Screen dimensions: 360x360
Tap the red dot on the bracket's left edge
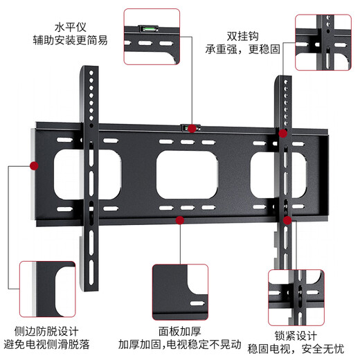(x=33, y=165)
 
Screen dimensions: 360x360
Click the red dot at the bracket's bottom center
(x=179, y=220)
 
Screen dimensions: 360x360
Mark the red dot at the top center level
(x=191, y=129)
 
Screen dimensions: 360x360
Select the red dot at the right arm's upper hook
(x=282, y=132)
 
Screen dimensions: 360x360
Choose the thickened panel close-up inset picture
(x=179, y=289)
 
